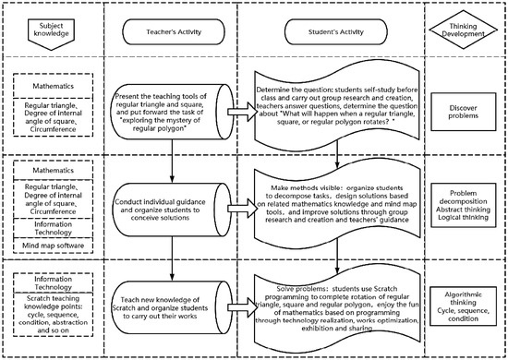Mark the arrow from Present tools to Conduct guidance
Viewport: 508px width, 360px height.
(x=172, y=163)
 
